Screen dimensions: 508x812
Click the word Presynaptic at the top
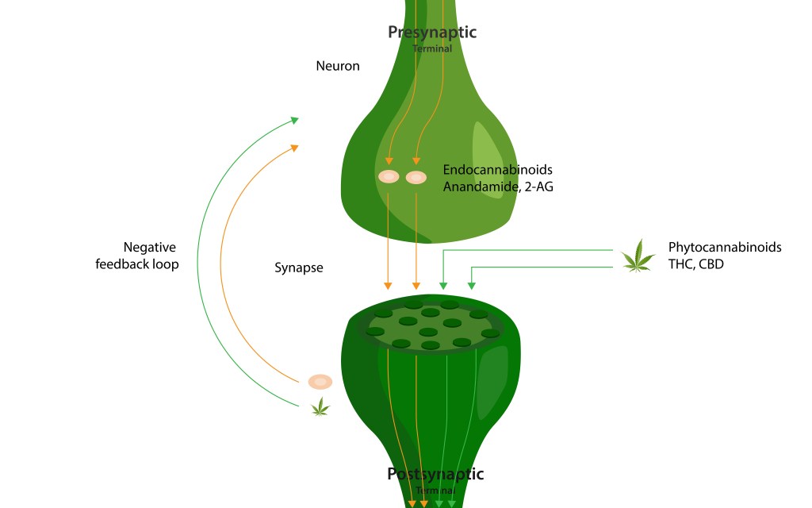(x=431, y=33)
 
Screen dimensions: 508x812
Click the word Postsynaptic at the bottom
(x=435, y=474)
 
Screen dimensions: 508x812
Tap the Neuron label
(x=338, y=66)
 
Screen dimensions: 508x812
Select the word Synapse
(x=298, y=267)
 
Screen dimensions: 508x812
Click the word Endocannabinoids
(x=497, y=170)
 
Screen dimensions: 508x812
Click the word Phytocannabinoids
(x=725, y=247)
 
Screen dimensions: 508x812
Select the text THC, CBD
(x=695, y=264)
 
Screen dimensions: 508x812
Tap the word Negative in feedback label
(x=150, y=247)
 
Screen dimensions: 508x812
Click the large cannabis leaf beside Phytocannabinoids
(x=638, y=257)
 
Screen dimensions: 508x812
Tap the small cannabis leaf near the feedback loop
(x=320, y=408)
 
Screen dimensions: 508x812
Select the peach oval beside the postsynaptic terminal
(x=320, y=382)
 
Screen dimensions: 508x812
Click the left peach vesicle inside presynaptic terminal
(x=389, y=177)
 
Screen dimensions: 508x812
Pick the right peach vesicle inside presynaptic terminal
(x=416, y=177)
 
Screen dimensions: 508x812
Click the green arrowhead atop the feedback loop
(x=294, y=120)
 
